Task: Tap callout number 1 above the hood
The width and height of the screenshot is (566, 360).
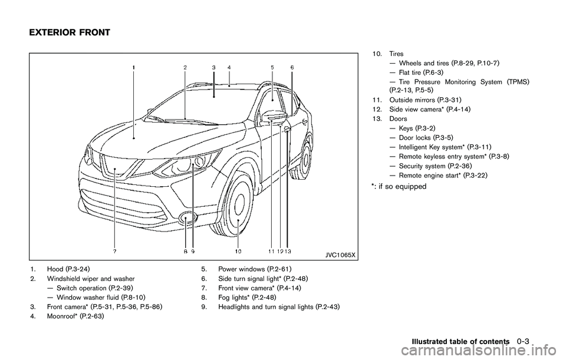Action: coord(134,68)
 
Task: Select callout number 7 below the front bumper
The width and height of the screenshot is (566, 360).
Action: coord(114,251)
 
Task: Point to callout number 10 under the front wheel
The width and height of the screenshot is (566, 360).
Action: coord(238,251)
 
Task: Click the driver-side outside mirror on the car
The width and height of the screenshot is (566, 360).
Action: coord(275,117)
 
